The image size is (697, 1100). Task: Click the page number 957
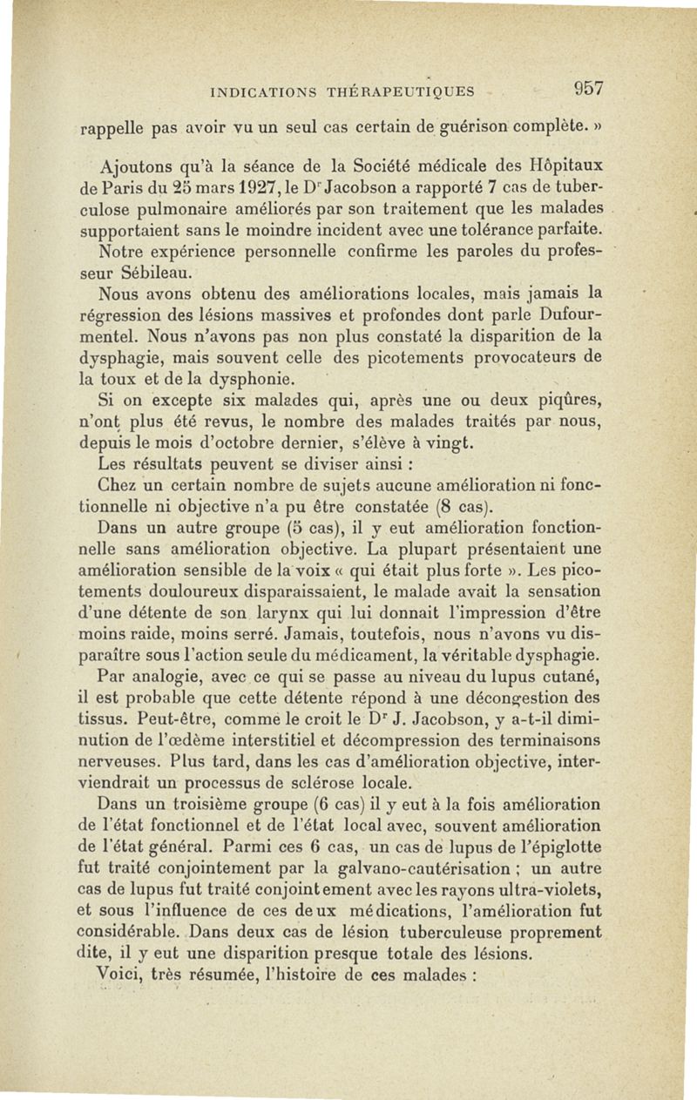(589, 89)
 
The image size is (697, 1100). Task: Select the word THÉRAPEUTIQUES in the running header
(401, 91)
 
